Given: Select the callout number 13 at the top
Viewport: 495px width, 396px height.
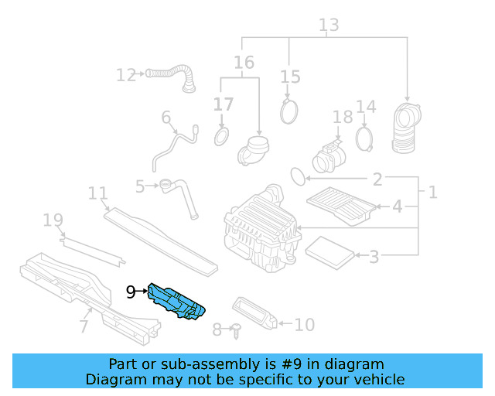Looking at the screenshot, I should click(329, 25).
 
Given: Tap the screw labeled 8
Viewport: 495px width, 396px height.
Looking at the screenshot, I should click(235, 330).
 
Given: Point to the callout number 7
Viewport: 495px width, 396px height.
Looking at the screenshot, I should click(84, 326).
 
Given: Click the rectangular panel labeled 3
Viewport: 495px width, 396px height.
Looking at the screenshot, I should click(329, 250).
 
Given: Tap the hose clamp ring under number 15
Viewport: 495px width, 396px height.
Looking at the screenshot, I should click(290, 112).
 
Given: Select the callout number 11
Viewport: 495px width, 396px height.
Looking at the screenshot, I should click(97, 193).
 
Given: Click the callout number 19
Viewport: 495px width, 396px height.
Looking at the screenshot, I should click(53, 221).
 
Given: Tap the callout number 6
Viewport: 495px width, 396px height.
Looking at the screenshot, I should click(166, 118).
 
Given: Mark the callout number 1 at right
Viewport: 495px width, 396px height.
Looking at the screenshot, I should click(432, 191).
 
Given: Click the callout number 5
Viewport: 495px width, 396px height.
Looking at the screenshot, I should click(139, 186).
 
